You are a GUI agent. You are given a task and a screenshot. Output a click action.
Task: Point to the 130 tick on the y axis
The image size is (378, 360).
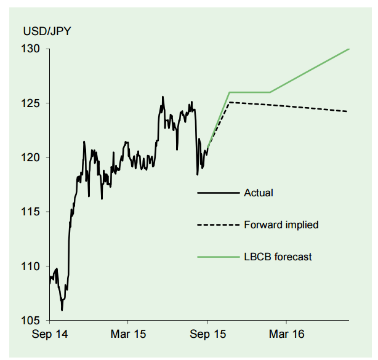click(x=33, y=49)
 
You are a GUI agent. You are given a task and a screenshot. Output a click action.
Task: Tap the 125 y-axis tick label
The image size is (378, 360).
click(x=33, y=103)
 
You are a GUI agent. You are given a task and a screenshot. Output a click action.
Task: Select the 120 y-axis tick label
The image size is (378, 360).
click(x=33, y=158)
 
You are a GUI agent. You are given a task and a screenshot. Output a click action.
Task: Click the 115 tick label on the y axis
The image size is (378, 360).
click(x=33, y=212)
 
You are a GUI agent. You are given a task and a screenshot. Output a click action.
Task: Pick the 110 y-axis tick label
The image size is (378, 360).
click(x=33, y=266)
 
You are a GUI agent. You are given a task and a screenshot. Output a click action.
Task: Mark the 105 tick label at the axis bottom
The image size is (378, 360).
click(x=33, y=321)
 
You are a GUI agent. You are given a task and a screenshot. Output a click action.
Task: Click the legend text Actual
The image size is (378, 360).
click(x=258, y=193)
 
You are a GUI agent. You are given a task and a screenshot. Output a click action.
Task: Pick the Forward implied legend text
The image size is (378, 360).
click(x=281, y=225)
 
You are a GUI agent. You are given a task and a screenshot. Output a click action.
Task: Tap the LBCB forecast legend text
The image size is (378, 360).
click(x=278, y=257)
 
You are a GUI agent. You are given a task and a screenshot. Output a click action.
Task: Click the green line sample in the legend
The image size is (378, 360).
click(x=217, y=257)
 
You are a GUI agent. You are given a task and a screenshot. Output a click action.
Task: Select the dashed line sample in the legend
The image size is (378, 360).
click(x=217, y=225)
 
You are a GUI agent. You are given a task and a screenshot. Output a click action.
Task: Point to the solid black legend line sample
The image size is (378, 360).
click(x=217, y=193)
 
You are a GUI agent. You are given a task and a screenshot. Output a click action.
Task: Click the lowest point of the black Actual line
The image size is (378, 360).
click(x=62, y=310)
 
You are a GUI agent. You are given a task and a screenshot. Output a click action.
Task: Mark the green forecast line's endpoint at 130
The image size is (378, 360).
click(x=349, y=49)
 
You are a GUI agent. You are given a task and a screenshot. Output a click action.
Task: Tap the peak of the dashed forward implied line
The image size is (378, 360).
click(x=229, y=102)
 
